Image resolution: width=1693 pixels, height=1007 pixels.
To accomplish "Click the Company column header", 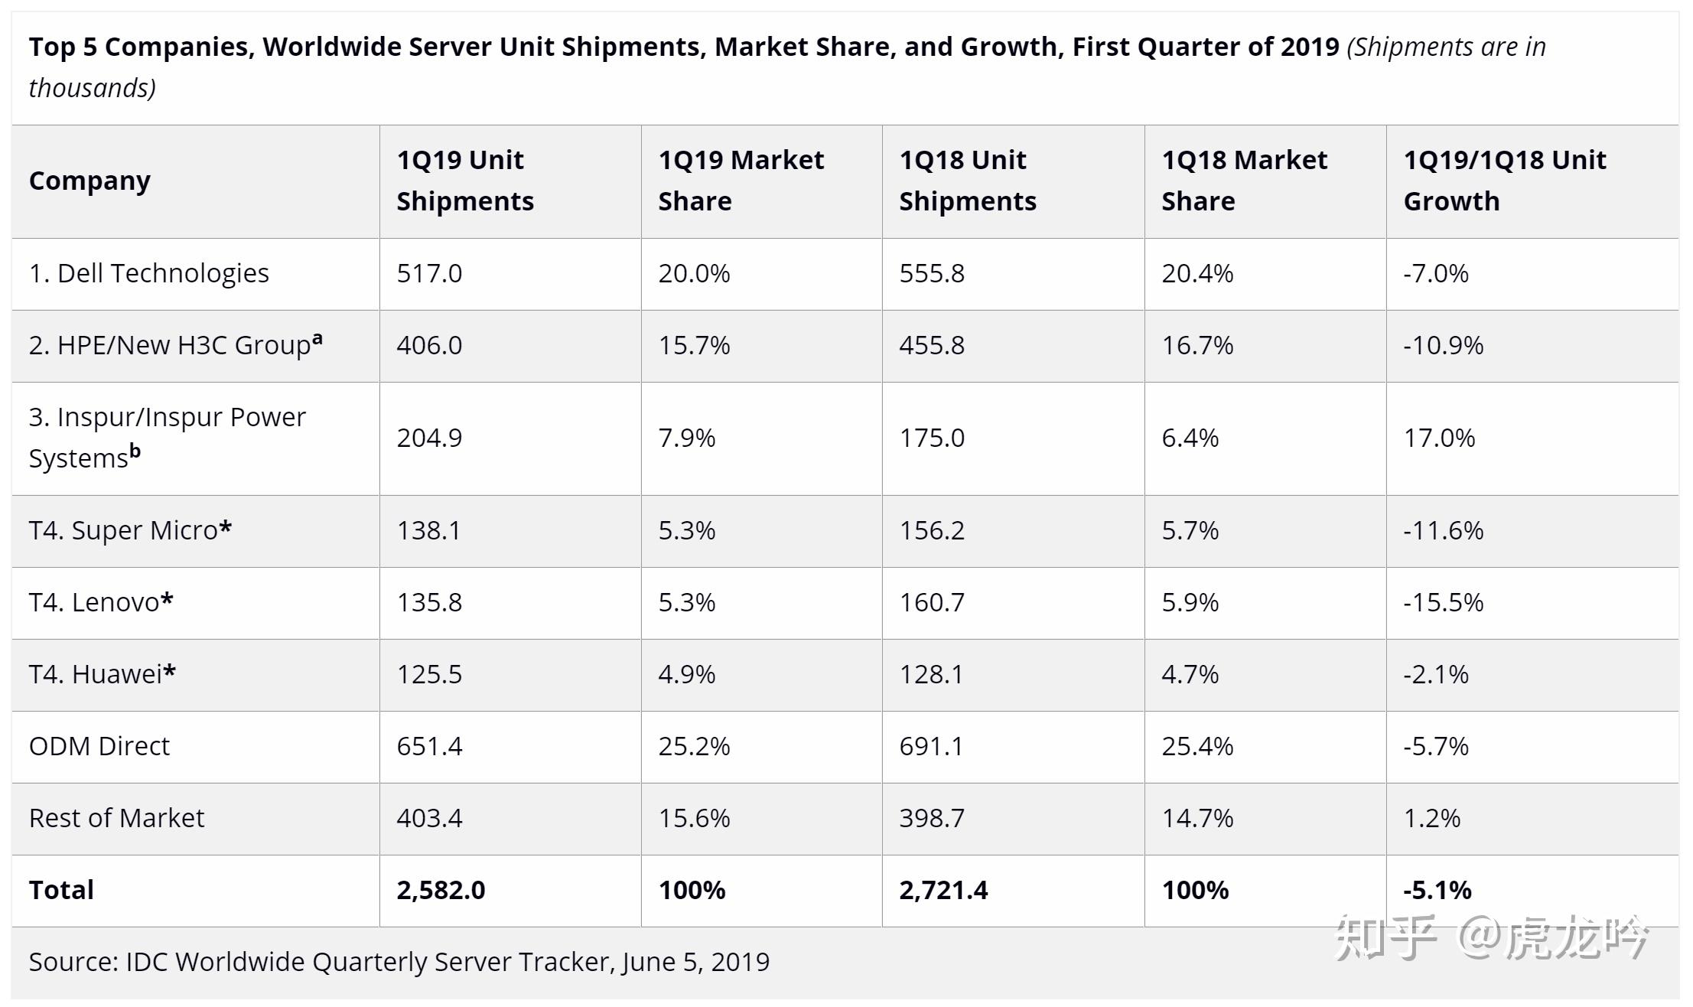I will [x=90, y=181].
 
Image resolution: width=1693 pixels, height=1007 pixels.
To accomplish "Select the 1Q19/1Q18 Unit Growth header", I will [x=1504, y=181].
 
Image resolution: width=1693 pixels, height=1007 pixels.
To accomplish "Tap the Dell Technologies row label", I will [x=149, y=273].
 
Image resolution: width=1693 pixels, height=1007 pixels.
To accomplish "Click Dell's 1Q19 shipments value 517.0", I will [x=429, y=273].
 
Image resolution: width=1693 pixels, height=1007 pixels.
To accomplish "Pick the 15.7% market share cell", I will [x=694, y=345].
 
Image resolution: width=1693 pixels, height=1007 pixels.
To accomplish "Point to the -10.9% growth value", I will [x=1443, y=345].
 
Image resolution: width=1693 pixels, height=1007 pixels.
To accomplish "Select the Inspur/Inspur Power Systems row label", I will [x=167, y=438].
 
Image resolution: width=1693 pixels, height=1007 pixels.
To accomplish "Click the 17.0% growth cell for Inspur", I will [x=1439, y=438].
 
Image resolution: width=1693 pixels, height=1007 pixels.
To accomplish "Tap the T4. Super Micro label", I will [x=130, y=530].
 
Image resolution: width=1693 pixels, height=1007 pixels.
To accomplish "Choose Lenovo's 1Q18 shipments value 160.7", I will [x=932, y=602].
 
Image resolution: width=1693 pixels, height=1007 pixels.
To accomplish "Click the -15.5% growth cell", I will [x=1443, y=602].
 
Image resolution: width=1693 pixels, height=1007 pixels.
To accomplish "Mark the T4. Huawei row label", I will [x=102, y=674].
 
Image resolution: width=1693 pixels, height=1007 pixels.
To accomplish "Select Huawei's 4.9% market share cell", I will [x=686, y=674].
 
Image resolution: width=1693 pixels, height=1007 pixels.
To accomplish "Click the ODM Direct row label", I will [x=99, y=746].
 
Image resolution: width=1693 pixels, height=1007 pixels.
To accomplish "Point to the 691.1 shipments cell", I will [x=932, y=746].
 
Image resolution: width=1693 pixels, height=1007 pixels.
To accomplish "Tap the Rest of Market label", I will [x=116, y=818].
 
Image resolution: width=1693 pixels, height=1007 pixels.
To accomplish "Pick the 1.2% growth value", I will [x=1431, y=818].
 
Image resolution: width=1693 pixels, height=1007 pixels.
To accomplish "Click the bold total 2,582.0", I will [x=441, y=890].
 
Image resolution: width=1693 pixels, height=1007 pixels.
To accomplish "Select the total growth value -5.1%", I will [x=1437, y=890].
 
